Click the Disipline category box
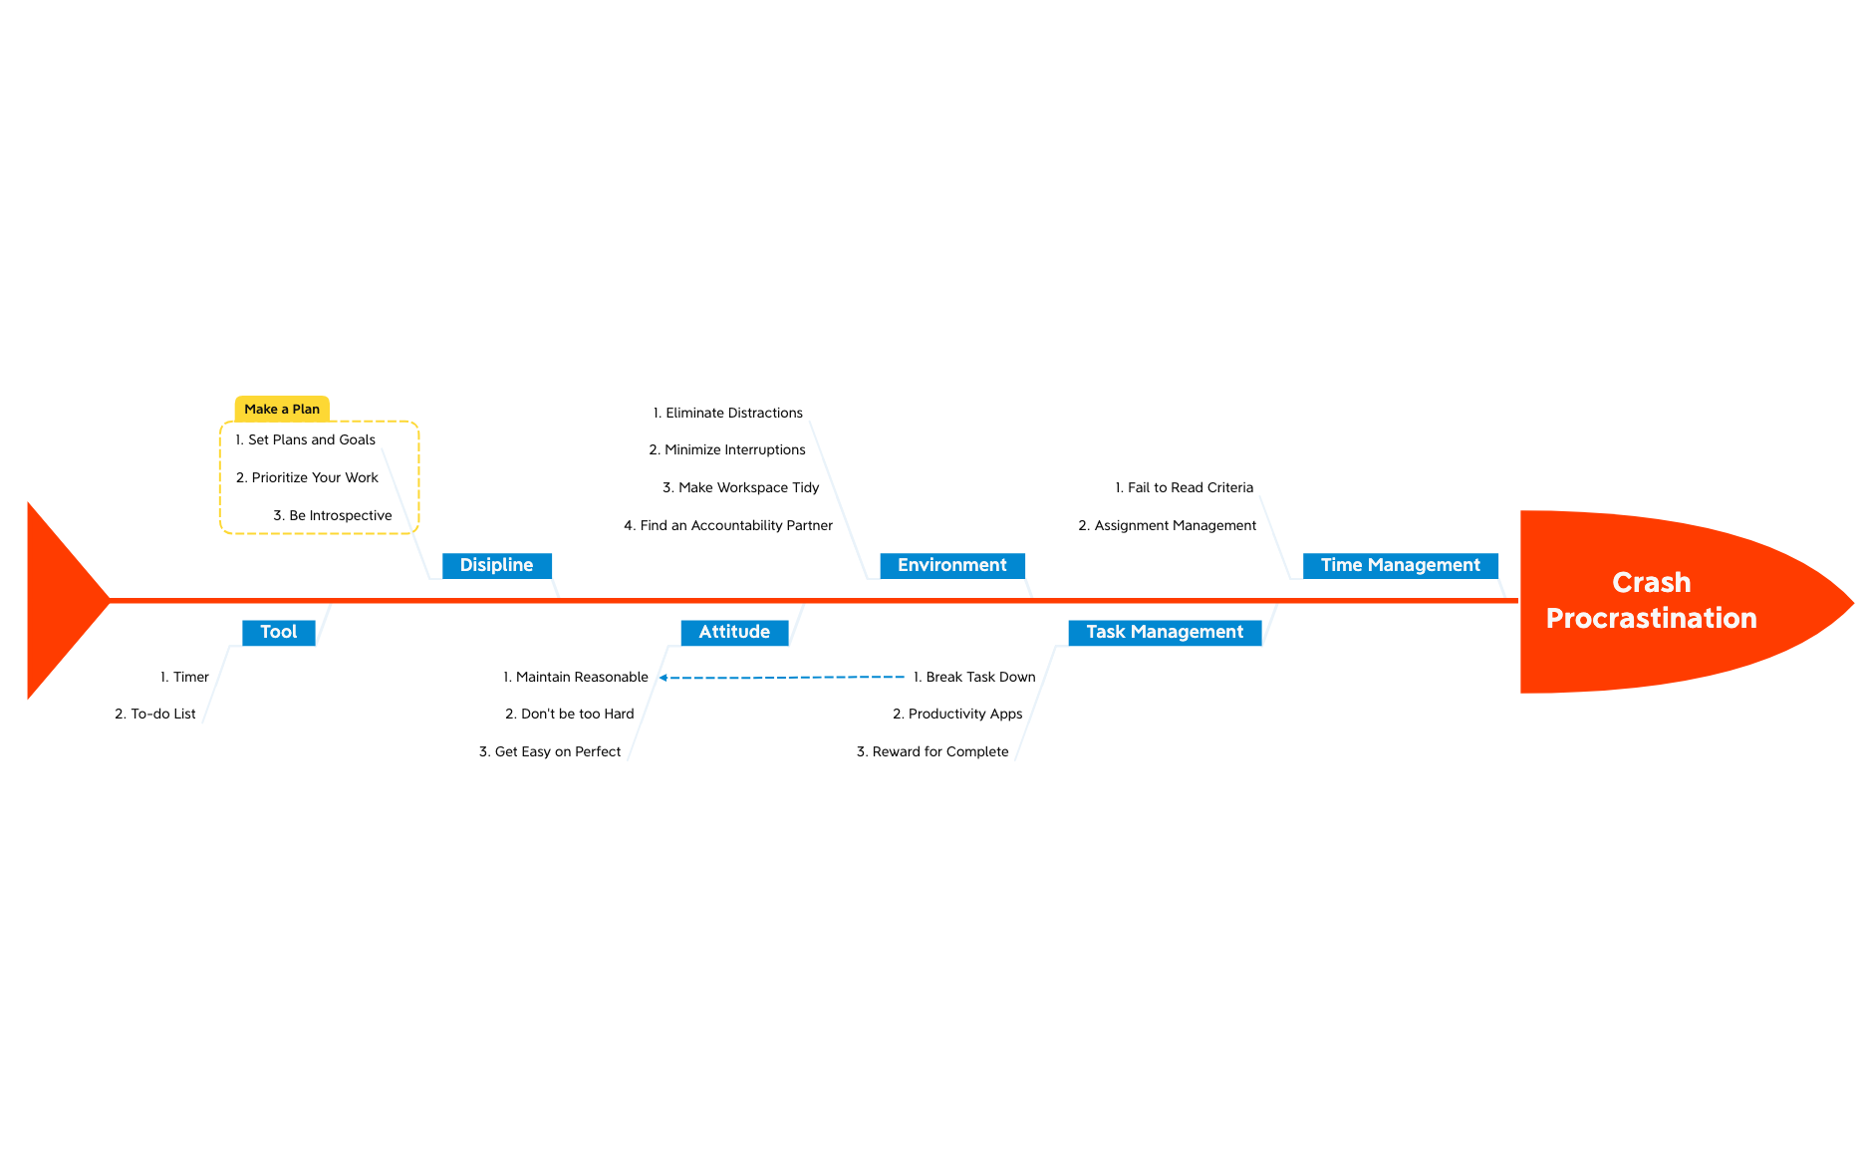click(496, 565)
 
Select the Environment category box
click(951, 565)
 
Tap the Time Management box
click(1400, 565)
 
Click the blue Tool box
click(278, 632)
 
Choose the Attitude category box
click(734, 632)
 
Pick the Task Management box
click(1165, 632)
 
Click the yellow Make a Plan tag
click(282, 409)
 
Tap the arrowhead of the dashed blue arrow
click(664, 678)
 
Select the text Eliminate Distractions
click(728, 413)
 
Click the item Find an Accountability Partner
click(728, 525)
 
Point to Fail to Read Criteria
click(1185, 487)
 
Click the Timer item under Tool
click(185, 677)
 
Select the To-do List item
click(155, 714)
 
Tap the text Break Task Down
click(974, 677)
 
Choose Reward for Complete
click(932, 751)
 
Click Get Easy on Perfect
click(550, 751)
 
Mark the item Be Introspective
click(333, 515)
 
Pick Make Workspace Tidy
click(741, 487)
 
